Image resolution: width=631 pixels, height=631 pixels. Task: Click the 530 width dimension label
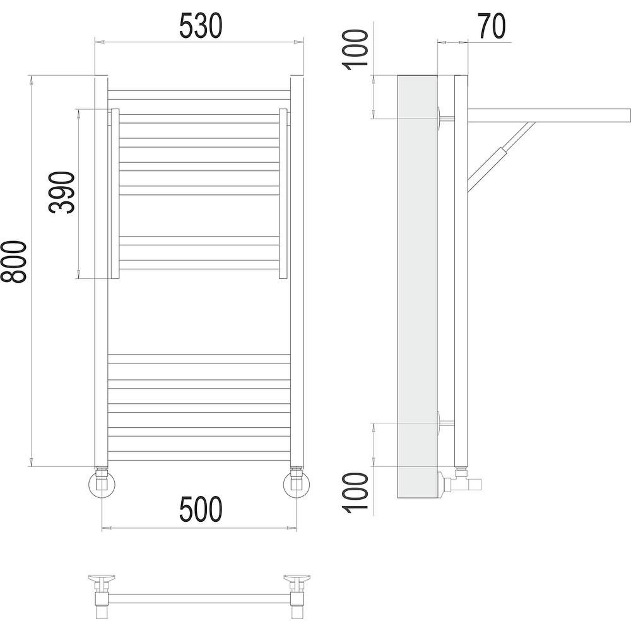(201, 26)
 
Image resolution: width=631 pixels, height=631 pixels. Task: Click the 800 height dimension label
(13, 262)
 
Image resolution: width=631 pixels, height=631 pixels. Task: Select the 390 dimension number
(62, 192)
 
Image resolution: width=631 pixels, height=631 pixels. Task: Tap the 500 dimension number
(201, 509)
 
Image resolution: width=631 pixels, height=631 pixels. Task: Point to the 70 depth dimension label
(492, 26)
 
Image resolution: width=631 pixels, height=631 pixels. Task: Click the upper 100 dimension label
(355, 49)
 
